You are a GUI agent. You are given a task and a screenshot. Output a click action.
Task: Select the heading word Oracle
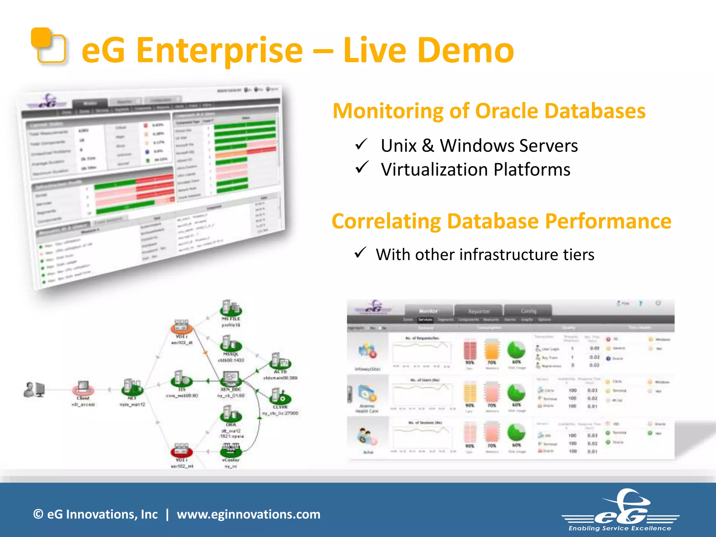[x=507, y=111]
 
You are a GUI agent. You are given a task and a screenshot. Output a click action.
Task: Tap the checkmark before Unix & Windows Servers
[x=361, y=144]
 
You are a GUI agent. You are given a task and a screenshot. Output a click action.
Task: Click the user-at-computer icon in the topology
[x=34, y=389]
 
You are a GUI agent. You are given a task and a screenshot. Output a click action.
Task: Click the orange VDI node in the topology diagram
[x=181, y=327]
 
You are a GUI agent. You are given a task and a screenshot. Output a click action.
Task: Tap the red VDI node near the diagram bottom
[x=181, y=451]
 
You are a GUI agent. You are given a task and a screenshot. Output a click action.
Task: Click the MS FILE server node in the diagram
[x=230, y=309]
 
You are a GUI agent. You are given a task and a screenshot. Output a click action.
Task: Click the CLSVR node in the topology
[x=280, y=397]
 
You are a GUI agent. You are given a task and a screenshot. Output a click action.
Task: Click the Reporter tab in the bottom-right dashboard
[x=479, y=311]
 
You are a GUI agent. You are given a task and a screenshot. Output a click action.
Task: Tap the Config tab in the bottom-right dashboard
[x=528, y=311]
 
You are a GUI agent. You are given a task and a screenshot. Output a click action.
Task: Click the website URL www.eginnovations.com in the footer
[x=248, y=514]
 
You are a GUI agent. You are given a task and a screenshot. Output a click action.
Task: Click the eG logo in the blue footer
[x=621, y=510]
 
